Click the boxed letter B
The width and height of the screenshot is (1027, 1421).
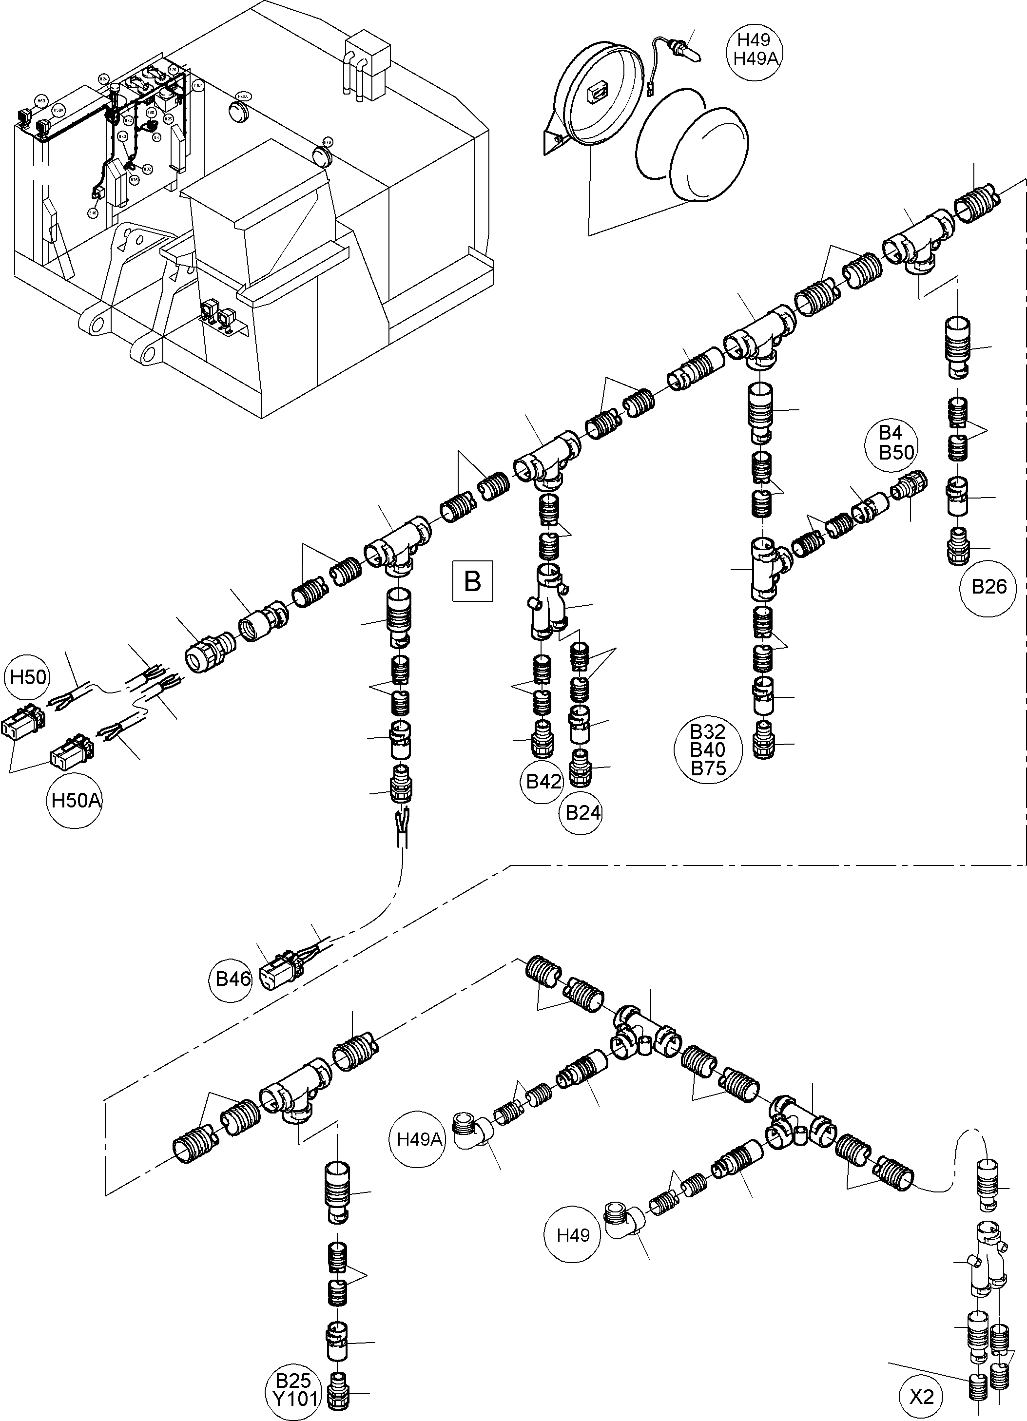[472, 581]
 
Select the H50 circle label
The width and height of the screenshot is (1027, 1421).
[29, 677]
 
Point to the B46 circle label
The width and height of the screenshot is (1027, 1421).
[233, 978]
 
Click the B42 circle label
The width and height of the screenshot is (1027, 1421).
[543, 781]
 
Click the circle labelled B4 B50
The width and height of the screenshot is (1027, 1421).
[897, 442]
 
